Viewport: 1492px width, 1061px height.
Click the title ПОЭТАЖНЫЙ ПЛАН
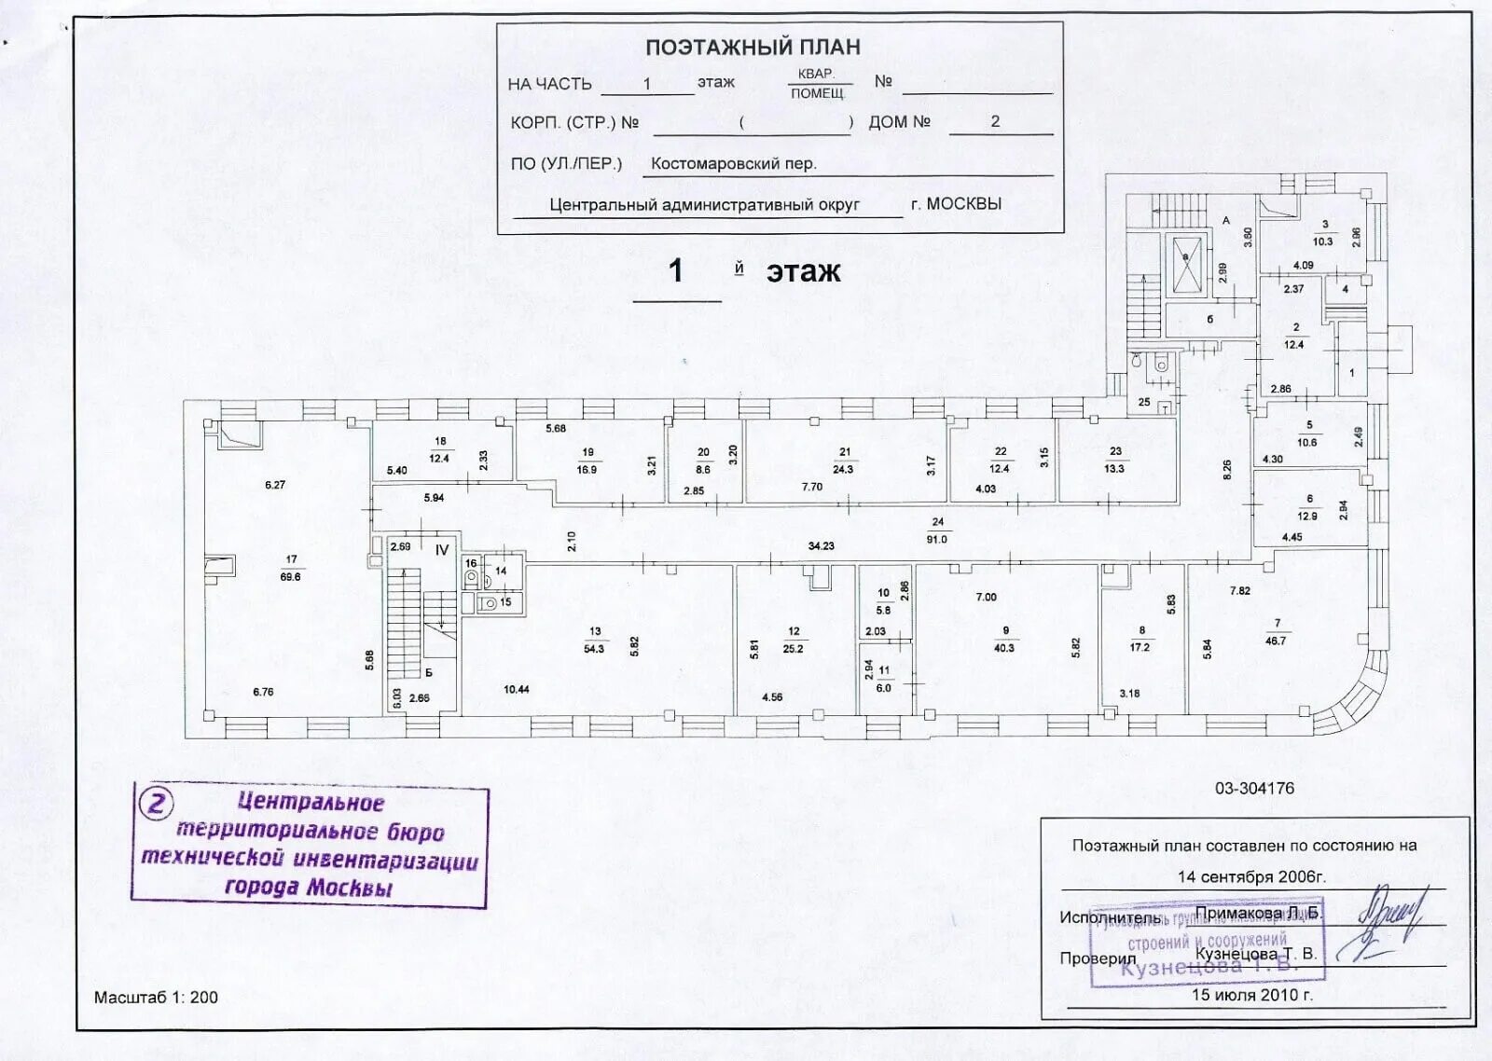click(753, 47)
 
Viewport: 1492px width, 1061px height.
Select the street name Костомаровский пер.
click(733, 164)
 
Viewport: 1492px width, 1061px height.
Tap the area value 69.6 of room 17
click(291, 577)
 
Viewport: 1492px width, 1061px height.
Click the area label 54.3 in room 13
click(594, 649)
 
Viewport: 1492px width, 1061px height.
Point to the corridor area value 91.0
click(937, 540)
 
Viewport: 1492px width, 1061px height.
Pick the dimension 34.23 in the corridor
click(821, 546)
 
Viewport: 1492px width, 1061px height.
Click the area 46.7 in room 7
click(1276, 641)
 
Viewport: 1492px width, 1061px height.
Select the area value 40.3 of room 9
click(1004, 648)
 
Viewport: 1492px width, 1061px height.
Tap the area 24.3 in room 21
click(843, 470)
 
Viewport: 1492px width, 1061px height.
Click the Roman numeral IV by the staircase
click(442, 550)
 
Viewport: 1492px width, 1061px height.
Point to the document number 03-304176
click(1254, 789)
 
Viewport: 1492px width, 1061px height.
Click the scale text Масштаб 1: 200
click(156, 998)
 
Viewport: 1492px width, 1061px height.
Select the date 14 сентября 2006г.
click(1251, 877)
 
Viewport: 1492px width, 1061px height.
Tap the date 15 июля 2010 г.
click(1251, 995)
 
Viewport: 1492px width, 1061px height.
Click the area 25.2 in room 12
click(794, 649)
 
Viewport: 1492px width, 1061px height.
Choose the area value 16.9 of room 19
click(587, 470)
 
